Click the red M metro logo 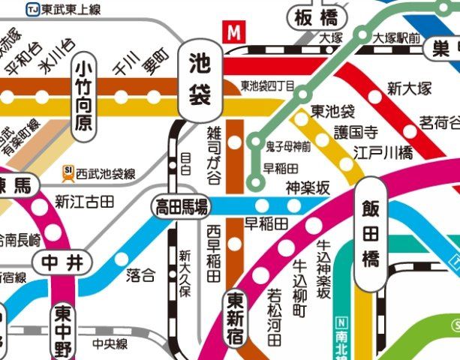tap(235, 33)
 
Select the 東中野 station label tap(63, 330)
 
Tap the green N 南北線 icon tap(343, 323)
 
